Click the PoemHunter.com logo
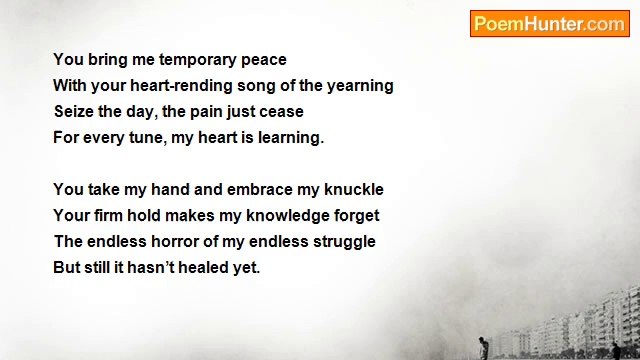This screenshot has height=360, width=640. tap(549, 24)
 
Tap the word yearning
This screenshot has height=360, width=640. tap(359, 86)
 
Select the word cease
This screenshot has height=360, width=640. tap(281, 112)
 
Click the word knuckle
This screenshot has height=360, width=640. tap(351, 190)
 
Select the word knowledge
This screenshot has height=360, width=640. tap(277, 216)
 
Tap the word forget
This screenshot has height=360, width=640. tap(353, 216)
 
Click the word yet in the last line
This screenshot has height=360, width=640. tap(246, 268)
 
